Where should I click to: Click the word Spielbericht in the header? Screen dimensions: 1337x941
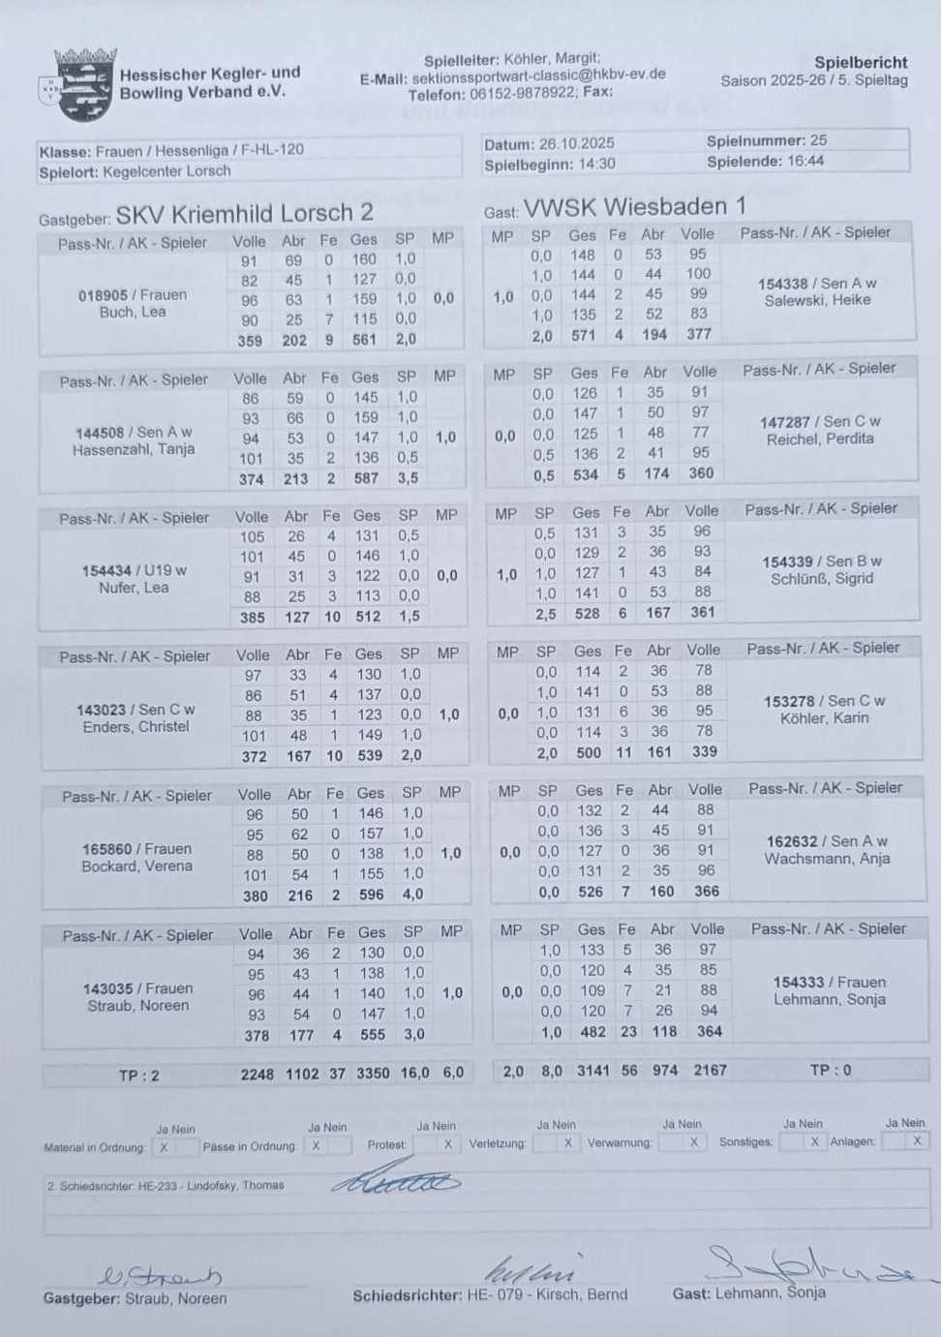click(860, 62)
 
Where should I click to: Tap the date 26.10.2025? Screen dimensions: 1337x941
click(576, 143)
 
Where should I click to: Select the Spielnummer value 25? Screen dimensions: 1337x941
click(818, 140)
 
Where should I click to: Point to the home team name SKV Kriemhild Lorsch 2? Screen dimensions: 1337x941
click(244, 213)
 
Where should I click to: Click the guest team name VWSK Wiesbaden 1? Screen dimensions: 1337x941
click(634, 207)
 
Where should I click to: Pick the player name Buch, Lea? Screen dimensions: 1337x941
click(133, 313)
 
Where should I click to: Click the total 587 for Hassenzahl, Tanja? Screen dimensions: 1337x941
click(366, 478)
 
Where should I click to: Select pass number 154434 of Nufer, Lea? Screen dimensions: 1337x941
click(106, 570)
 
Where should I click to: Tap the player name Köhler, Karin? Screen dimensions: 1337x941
click(824, 718)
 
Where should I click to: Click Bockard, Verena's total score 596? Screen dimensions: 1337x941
click(371, 896)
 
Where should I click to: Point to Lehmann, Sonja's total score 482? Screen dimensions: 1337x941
click(592, 1032)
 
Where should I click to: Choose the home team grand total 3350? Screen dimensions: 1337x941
click(373, 1074)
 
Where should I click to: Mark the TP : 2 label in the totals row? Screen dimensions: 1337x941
click(138, 1075)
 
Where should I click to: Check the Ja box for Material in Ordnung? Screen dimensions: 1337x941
click(164, 1147)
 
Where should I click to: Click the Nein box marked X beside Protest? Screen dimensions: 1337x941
click(447, 1144)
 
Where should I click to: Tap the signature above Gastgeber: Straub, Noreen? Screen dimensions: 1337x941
click(162, 1276)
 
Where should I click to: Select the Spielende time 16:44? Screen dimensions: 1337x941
click(804, 162)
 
